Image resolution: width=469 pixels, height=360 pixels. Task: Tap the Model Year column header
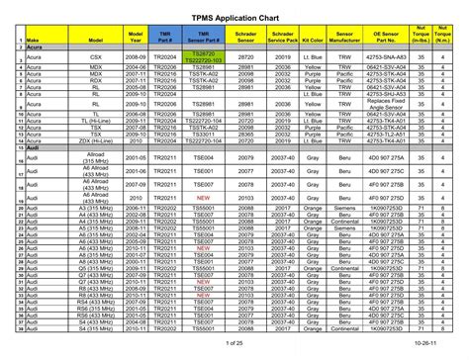136,37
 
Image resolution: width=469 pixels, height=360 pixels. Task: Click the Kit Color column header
314,40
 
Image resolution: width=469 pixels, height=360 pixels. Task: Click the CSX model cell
96,57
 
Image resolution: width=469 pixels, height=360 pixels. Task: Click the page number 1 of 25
234,342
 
